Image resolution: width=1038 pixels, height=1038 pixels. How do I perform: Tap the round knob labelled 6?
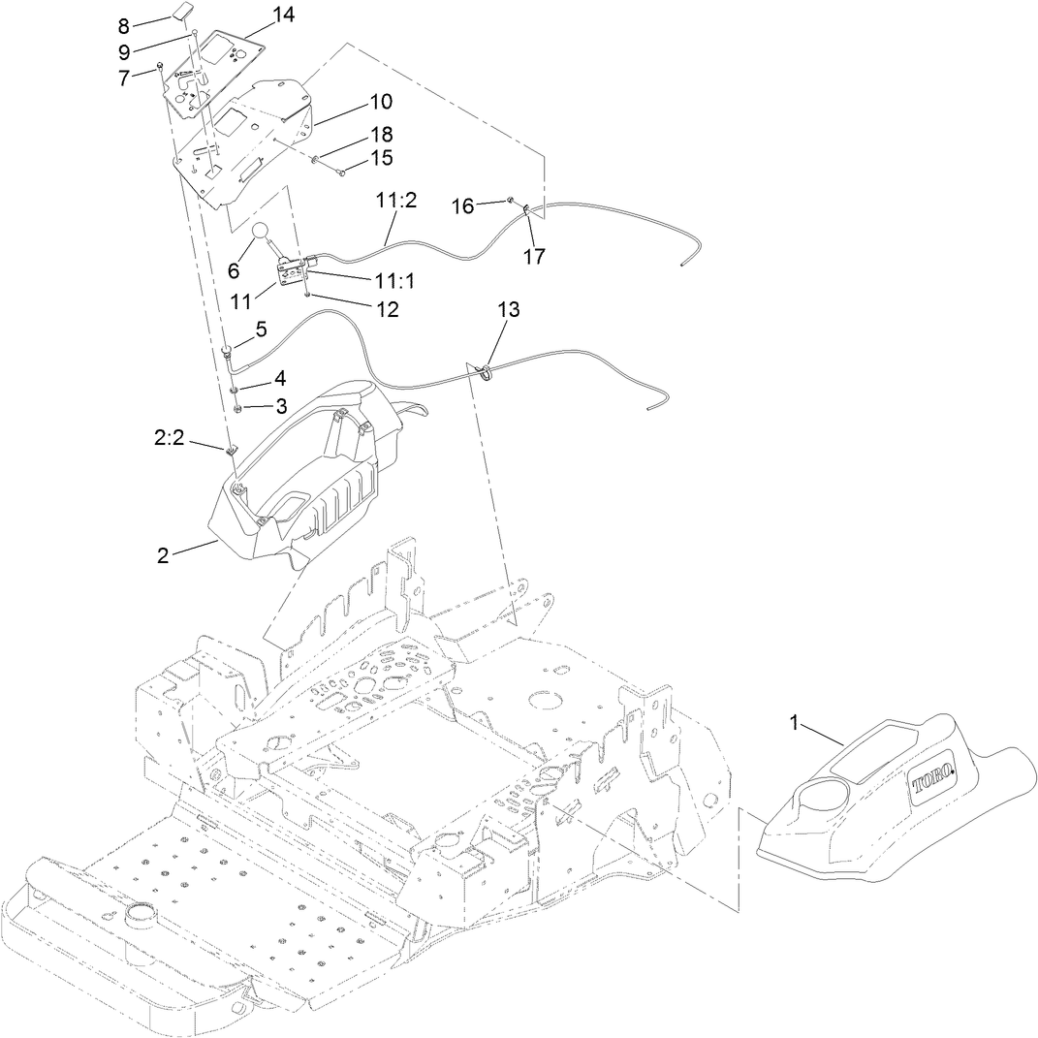tap(262, 232)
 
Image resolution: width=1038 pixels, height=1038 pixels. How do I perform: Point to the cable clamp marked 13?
tap(487, 368)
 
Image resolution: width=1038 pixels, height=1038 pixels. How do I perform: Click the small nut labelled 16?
tap(509, 200)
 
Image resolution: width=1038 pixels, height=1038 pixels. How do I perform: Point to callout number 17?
tap(533, 257)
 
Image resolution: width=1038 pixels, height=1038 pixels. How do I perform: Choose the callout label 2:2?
tap(171, 438)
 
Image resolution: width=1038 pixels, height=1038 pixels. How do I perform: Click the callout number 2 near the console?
tap(163, 555)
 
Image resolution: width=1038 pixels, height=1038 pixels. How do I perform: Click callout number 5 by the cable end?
tap(260, 329)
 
